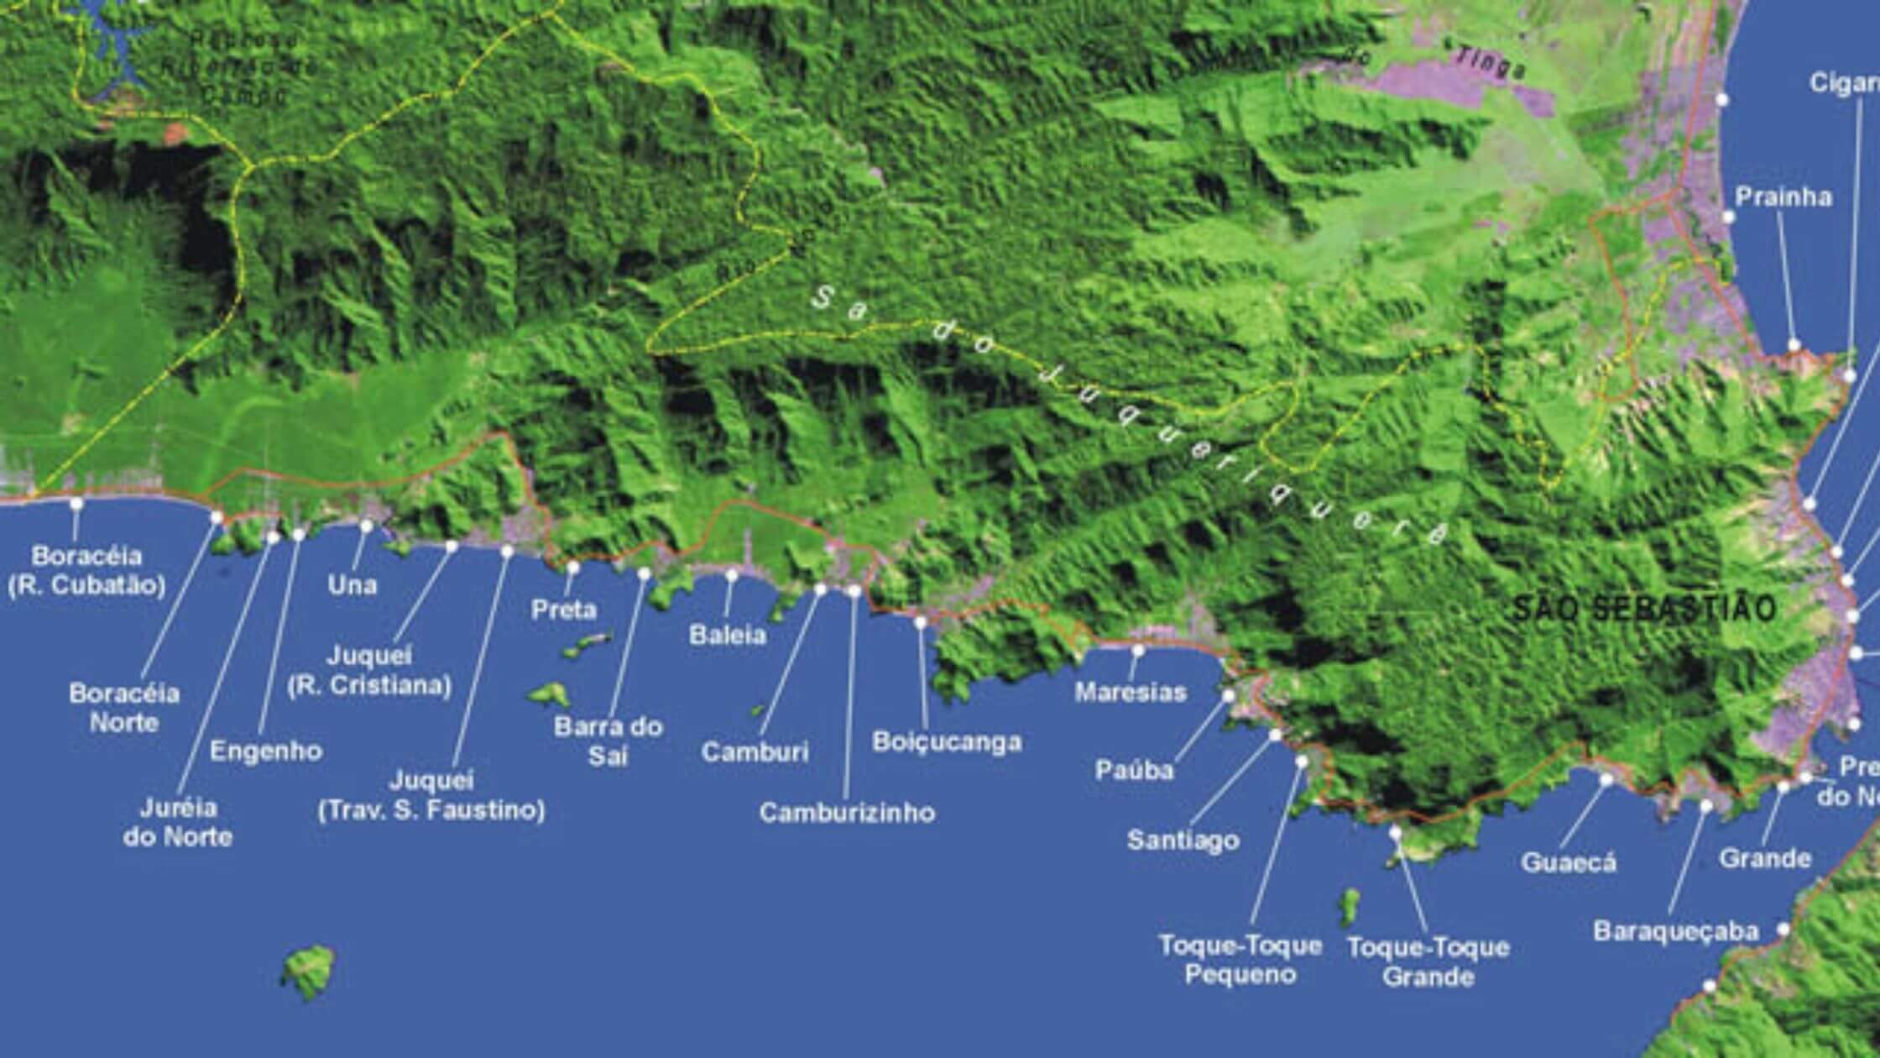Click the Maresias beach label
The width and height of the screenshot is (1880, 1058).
(x=1131, y=692)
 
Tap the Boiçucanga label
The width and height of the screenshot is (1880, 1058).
(x=947, y=742)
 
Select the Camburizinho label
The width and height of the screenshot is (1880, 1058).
(x=847, y=813)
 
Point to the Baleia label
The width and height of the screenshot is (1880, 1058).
(x=728, y=635)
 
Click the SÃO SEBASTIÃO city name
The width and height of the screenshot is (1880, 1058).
(x=1644, y=609)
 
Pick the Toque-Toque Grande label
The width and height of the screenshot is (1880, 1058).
(x=1428, y=961)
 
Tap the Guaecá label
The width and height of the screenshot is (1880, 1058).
(x=1568, y=862)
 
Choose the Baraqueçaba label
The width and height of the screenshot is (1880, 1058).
(x=1663, y=931)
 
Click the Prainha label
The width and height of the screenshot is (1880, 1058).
(x=1771, y=197)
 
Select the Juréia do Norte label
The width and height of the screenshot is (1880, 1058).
(x=177, y=823)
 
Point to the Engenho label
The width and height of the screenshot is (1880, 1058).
(x=265, y=751)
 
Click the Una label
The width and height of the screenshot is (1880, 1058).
(x=352, y=585)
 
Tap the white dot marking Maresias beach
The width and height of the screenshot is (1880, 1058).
(x=1139, y=650)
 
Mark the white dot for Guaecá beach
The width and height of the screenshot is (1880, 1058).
(x=1606, y=780)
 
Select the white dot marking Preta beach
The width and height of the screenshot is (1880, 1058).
(x=573, y=567)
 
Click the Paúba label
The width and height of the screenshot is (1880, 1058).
(x=1134, y=770)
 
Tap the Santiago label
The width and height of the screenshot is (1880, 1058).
(x=1183, y=840)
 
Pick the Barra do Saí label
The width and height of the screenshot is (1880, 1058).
(x=608, y=741)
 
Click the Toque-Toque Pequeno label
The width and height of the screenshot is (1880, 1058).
(x=1240, y=960)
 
